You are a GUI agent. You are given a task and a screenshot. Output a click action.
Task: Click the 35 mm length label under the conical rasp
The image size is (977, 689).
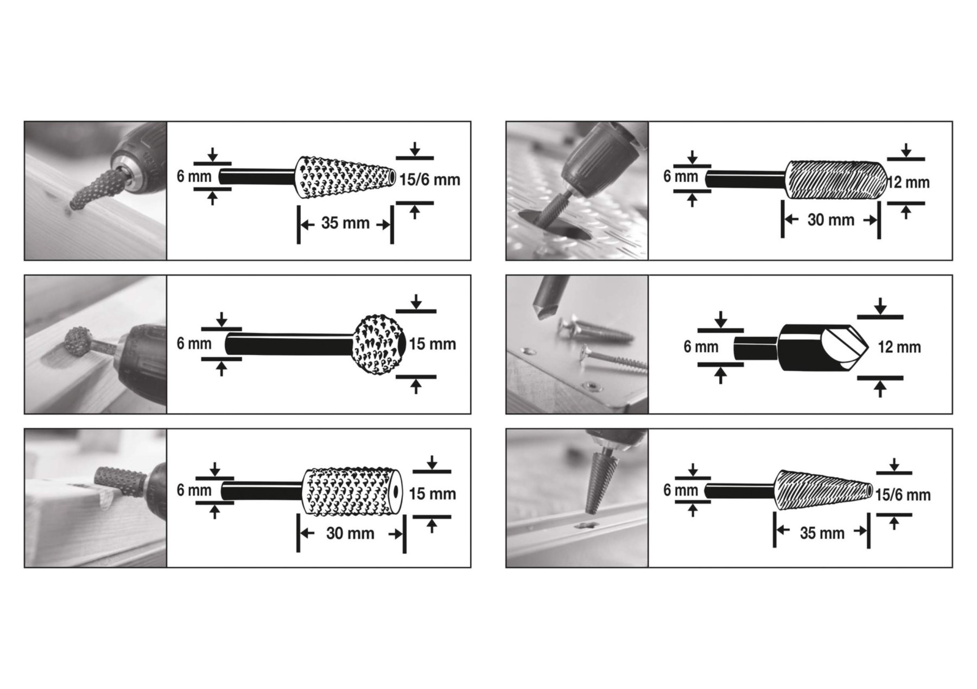(345, 223)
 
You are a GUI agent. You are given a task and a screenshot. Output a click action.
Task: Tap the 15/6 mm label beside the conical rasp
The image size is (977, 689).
(430, 180)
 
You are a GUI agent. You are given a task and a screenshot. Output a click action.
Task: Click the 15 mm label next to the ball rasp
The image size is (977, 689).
(432, 344)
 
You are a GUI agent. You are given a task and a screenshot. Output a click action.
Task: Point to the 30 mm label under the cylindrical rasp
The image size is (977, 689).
(350, 533)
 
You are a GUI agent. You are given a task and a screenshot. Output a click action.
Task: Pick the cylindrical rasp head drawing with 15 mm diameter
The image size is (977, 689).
(352, 491)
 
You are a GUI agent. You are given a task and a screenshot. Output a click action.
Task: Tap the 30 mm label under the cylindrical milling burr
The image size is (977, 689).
(831, 220)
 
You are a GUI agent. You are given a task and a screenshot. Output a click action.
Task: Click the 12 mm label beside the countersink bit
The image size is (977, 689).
(899, 347)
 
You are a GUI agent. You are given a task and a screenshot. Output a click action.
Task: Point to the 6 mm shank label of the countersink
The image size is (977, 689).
(701, 347)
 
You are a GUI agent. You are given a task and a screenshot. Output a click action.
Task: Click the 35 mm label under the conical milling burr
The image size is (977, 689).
(822, 533)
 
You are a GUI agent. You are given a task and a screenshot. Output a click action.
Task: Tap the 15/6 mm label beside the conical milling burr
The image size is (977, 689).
(903, 495)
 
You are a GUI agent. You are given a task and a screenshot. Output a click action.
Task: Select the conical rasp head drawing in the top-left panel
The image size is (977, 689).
(345, 178)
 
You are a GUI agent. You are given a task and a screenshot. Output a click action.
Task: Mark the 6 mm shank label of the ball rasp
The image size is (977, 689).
(194, 344)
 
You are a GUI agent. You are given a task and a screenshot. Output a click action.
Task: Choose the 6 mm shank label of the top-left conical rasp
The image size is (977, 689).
(194, 176)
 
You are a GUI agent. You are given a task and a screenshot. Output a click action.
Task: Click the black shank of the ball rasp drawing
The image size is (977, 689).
(289, 344)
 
